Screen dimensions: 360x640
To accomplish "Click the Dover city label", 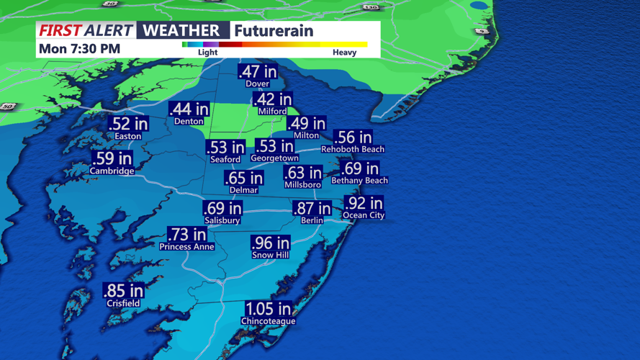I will pos(257,84).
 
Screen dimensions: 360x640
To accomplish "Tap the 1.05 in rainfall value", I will pos(268,309).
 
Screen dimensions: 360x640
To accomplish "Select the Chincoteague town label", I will pos(268,321).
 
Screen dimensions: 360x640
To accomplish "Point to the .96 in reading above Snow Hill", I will pos(270,243).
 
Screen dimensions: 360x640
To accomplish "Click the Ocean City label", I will pos(364,215).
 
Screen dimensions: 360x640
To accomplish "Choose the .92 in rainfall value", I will pos(364,204).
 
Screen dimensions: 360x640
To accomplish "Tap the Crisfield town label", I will pos(123,303).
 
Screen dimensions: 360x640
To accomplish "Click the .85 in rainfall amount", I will pos(123,291).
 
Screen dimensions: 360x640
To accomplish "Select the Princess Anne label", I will pos(186,246).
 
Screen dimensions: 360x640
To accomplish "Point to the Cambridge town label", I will pos(112,171).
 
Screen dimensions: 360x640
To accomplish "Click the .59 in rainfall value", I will pos(112,158).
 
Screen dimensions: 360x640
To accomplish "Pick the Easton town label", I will pos(128,136).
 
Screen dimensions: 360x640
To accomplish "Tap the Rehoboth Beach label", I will pos(353,149).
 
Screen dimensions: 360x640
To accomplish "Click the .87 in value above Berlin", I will pos(312,209).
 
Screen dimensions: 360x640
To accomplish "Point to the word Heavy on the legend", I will pos(344,53).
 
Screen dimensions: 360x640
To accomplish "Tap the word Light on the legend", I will pos(207,53).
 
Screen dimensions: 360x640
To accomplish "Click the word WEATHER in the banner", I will pos(182,30).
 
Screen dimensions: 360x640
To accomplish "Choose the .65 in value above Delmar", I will pos(243,179).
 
